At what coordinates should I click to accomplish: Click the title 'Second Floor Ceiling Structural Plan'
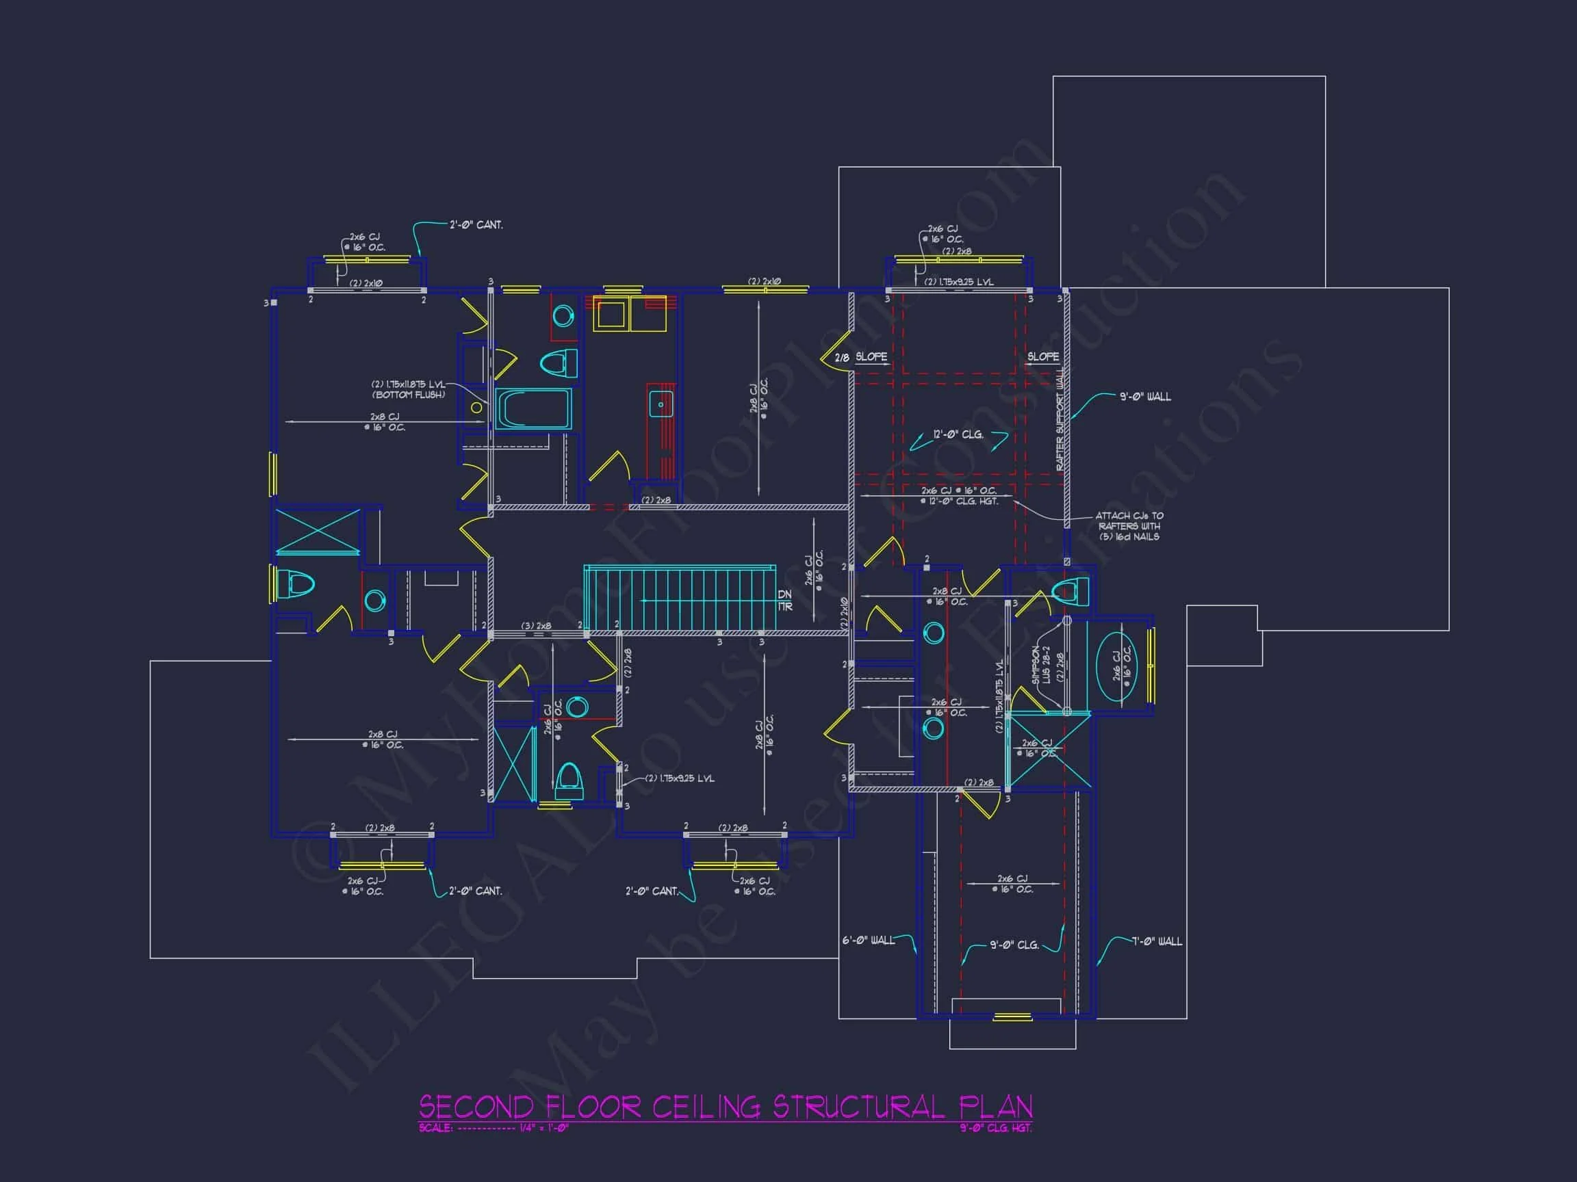pos(725,1107)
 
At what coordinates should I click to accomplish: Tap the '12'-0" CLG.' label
pos(958,434)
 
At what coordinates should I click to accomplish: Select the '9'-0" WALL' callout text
pos(1145,397)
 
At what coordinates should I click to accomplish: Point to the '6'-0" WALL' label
pos(868,941)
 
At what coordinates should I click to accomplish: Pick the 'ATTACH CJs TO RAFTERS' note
pos(1129,526)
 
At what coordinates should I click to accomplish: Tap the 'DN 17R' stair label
pos(784,600)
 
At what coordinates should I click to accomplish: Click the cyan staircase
pos(679,599)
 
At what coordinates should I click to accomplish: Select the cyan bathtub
pos(533,409)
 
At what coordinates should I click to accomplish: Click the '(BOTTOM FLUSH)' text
pos(408,395)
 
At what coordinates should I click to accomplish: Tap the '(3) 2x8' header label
pos(535,627)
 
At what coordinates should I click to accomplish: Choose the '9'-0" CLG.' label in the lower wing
pos(1014,945)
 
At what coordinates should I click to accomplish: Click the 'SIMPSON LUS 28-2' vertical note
pos(1042,666)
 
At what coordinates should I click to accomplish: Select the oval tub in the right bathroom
pos(1116,667)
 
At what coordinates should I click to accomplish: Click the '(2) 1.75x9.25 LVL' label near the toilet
pos(680,778)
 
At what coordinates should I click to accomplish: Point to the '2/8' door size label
pos(842,358)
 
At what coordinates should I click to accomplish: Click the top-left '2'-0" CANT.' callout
pos(476,225)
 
